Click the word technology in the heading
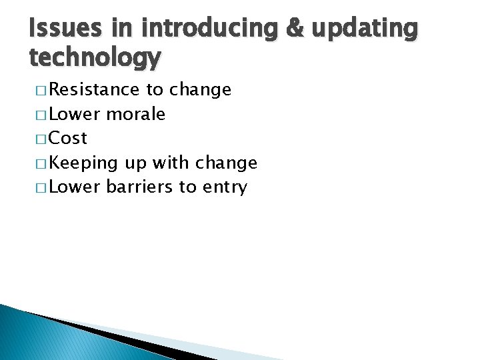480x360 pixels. click(x=95, y=59)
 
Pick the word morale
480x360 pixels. click(x=136, y=114)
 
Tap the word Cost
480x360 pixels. click(x=68, y=138)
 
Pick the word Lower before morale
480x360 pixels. click(x=75, y=114)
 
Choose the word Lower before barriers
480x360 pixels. click(x=75, y=187)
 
